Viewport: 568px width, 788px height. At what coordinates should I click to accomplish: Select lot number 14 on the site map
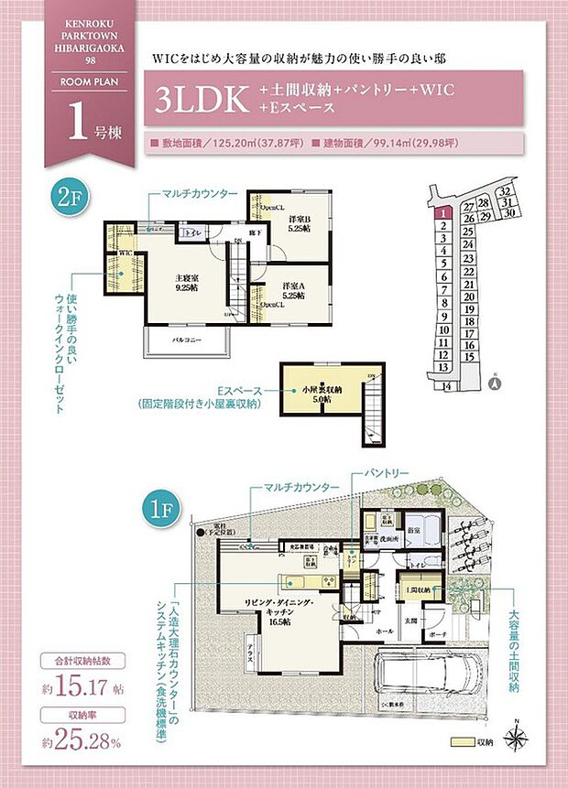pyautogui.click(x=447, y=386)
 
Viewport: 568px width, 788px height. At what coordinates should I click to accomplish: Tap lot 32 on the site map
pyautogui.click(x=505, y=191)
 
